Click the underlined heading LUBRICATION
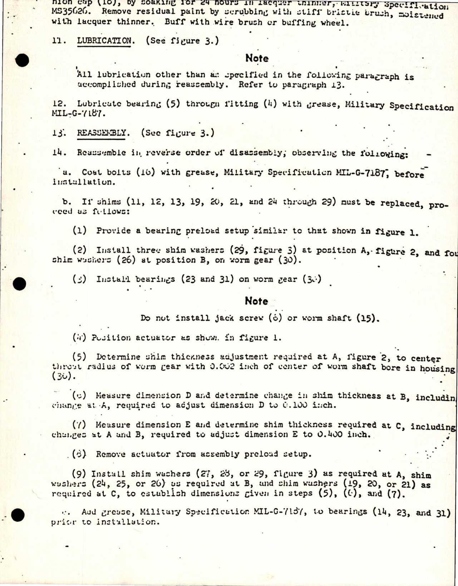point(104,41)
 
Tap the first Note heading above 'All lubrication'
point(257,58)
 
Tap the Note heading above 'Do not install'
point(256,301)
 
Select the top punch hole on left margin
point(23,60)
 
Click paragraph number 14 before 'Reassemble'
point(59,152)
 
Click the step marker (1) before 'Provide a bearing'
point(79,231)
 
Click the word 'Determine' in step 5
point(115,357)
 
